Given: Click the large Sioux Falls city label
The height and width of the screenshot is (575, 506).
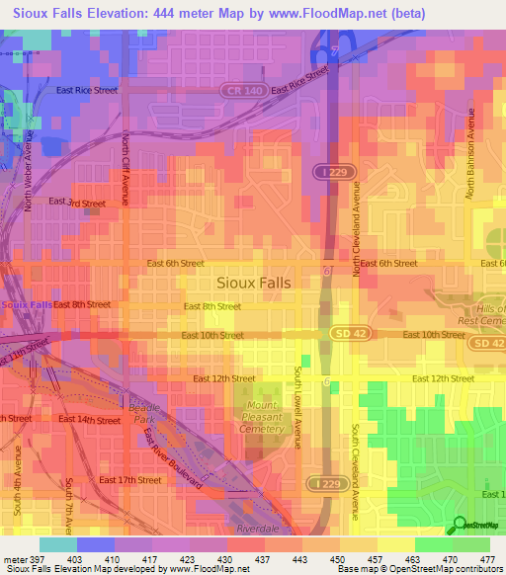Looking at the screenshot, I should coord(253,283).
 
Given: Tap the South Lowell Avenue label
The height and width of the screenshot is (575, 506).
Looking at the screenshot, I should coord(296,406).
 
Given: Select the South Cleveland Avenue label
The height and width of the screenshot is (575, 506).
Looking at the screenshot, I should coord(355,472).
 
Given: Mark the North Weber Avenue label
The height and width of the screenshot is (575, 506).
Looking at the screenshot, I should coord(30,174).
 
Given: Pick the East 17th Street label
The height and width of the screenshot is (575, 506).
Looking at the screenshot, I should coord(129,480).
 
